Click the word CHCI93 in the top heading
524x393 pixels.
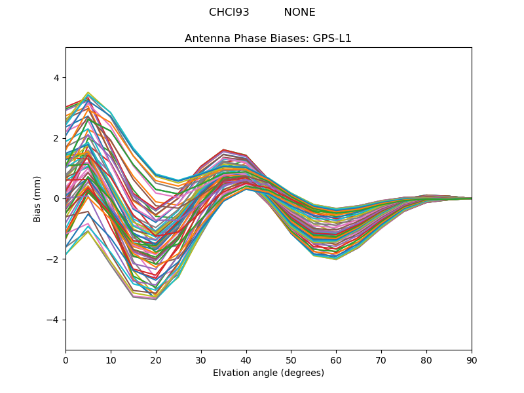click(x=229, y=12)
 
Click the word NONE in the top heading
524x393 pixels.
click(x=299, y=12)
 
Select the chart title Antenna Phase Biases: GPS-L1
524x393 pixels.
click(x=268, y=39)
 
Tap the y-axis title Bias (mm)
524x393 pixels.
click(x=37, y=198)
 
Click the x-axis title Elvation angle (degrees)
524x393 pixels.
click(x=268, y=373)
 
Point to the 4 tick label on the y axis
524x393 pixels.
click(x=56, y=78)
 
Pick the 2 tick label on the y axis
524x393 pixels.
click(x=56, y=138)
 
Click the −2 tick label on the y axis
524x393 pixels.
click(x=53, y=259)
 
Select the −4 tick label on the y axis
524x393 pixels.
click(x=53, y=320)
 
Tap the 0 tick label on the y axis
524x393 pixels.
click(x=56, y=198)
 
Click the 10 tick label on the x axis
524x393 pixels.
click(x=111, y=360)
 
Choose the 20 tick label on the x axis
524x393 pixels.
click(x=156, y=360)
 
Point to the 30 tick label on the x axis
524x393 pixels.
click(x=201, y=360)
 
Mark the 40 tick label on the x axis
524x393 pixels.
click(x=246, y=360)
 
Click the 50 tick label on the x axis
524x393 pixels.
click(x=291, y=360)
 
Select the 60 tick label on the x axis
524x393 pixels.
click(x=336, y=360)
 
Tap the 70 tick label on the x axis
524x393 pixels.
click(x=381, y=360)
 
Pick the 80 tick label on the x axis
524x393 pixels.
click(x=426, y=360)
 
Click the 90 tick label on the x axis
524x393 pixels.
click(x=472, y=360)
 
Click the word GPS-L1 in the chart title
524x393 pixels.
click(x=331, y=39)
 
